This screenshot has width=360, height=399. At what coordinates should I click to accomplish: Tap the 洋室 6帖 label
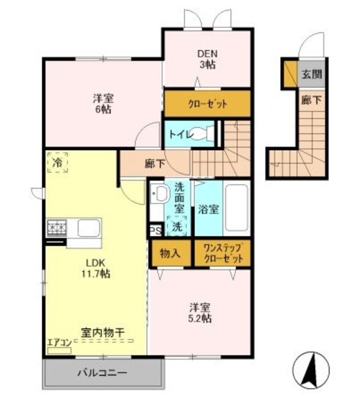pos(103,103)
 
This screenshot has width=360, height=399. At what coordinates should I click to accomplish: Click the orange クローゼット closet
pos(207,103)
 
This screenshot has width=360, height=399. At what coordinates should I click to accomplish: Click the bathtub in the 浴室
pos(235,208)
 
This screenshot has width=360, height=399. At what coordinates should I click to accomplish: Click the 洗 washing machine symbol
pos(178,226)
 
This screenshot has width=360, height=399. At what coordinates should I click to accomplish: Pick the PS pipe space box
pos(154,231)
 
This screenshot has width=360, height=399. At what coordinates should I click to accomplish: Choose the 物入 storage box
pos(169,254)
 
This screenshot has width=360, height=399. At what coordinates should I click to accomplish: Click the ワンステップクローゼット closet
pos(222,254)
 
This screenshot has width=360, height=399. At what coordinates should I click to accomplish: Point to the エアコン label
pos(59,342)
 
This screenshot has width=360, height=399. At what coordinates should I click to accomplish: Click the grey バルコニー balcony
pos(103,373)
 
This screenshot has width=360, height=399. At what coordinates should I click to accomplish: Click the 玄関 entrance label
pos(312,75)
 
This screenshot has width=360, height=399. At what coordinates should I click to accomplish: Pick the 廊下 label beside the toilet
pos(154,165)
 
